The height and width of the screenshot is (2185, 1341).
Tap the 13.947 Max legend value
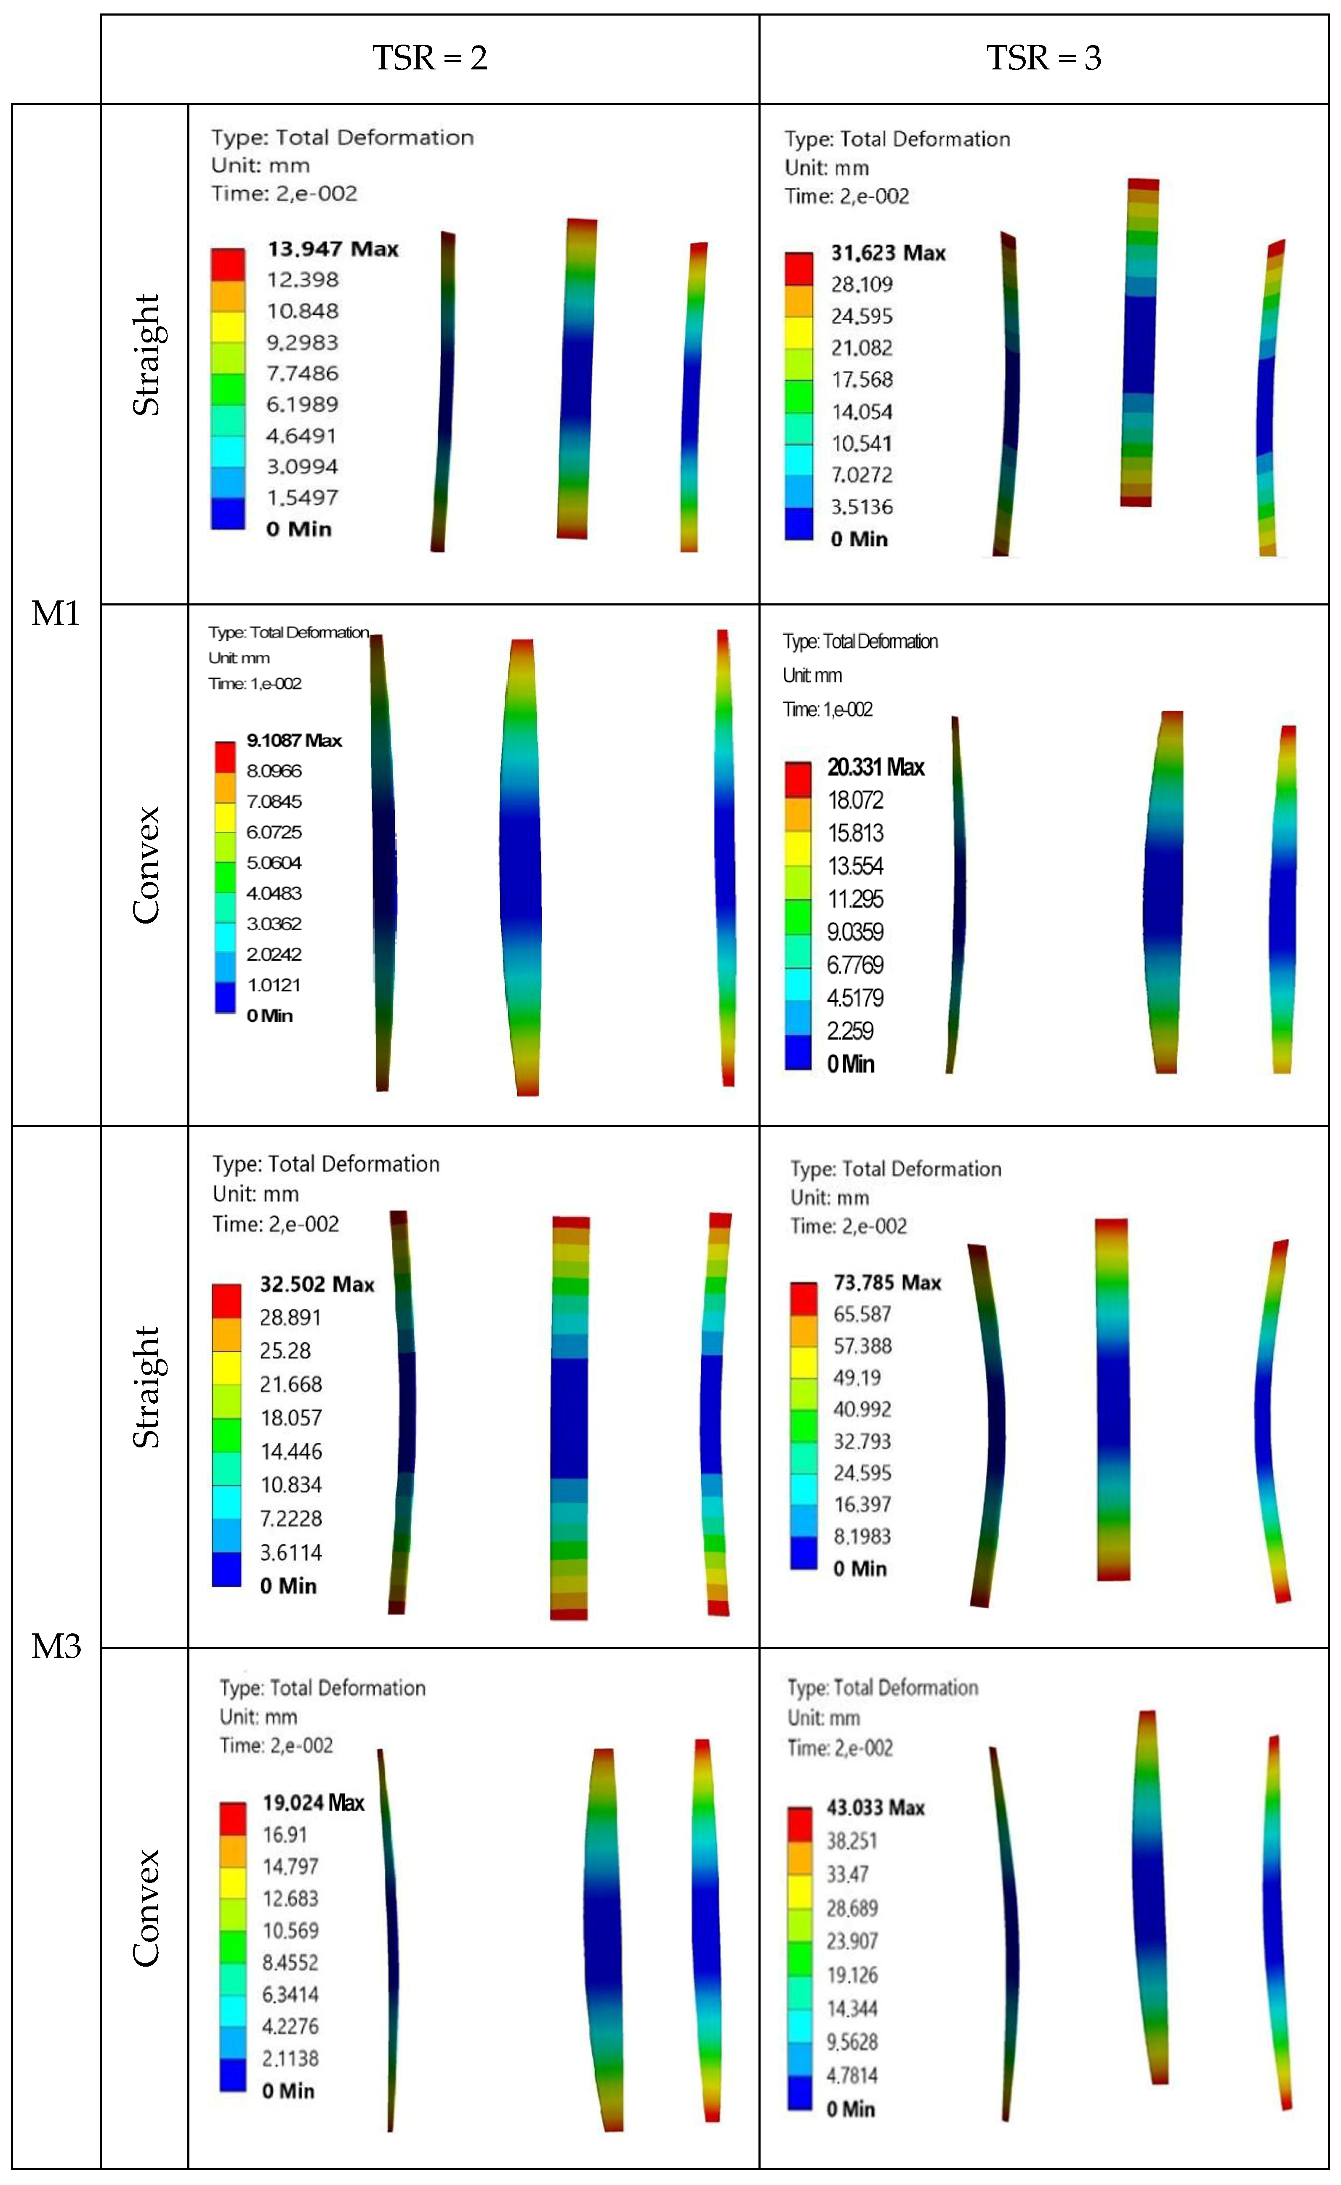(333, 249)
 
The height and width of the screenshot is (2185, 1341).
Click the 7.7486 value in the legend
(303, 373)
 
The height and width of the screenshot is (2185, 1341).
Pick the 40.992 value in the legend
(862, 1409)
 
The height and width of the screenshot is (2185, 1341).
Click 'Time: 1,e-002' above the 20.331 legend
(827, 709)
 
